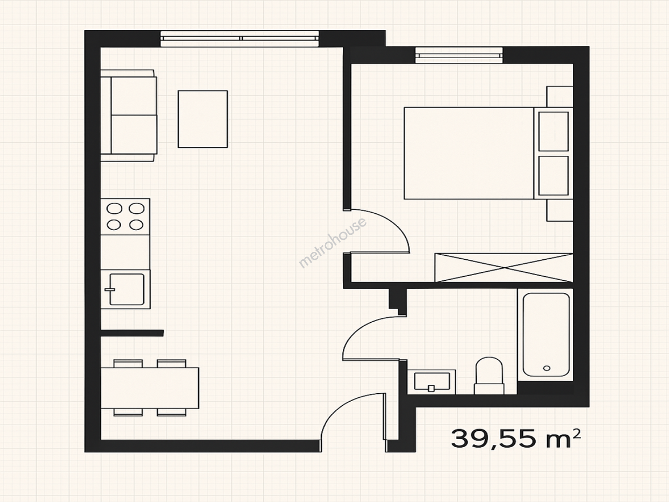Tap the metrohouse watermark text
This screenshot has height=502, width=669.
332,243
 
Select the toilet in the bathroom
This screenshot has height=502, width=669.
489,376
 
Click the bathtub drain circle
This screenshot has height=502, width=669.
546,368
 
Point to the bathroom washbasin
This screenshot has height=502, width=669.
432,382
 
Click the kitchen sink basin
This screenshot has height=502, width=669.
127,289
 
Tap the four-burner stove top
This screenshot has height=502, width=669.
125,217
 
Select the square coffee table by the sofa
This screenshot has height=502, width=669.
203,119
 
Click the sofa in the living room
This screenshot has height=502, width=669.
129,116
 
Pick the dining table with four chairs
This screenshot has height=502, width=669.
150,388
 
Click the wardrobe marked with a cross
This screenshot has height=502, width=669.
504,268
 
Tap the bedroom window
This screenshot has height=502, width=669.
459,55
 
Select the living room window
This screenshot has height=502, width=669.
240,39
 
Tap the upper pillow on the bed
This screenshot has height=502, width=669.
553,132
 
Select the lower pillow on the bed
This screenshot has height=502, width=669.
553,176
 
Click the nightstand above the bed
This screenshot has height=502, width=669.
559,97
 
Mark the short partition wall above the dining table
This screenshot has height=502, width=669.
132,333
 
